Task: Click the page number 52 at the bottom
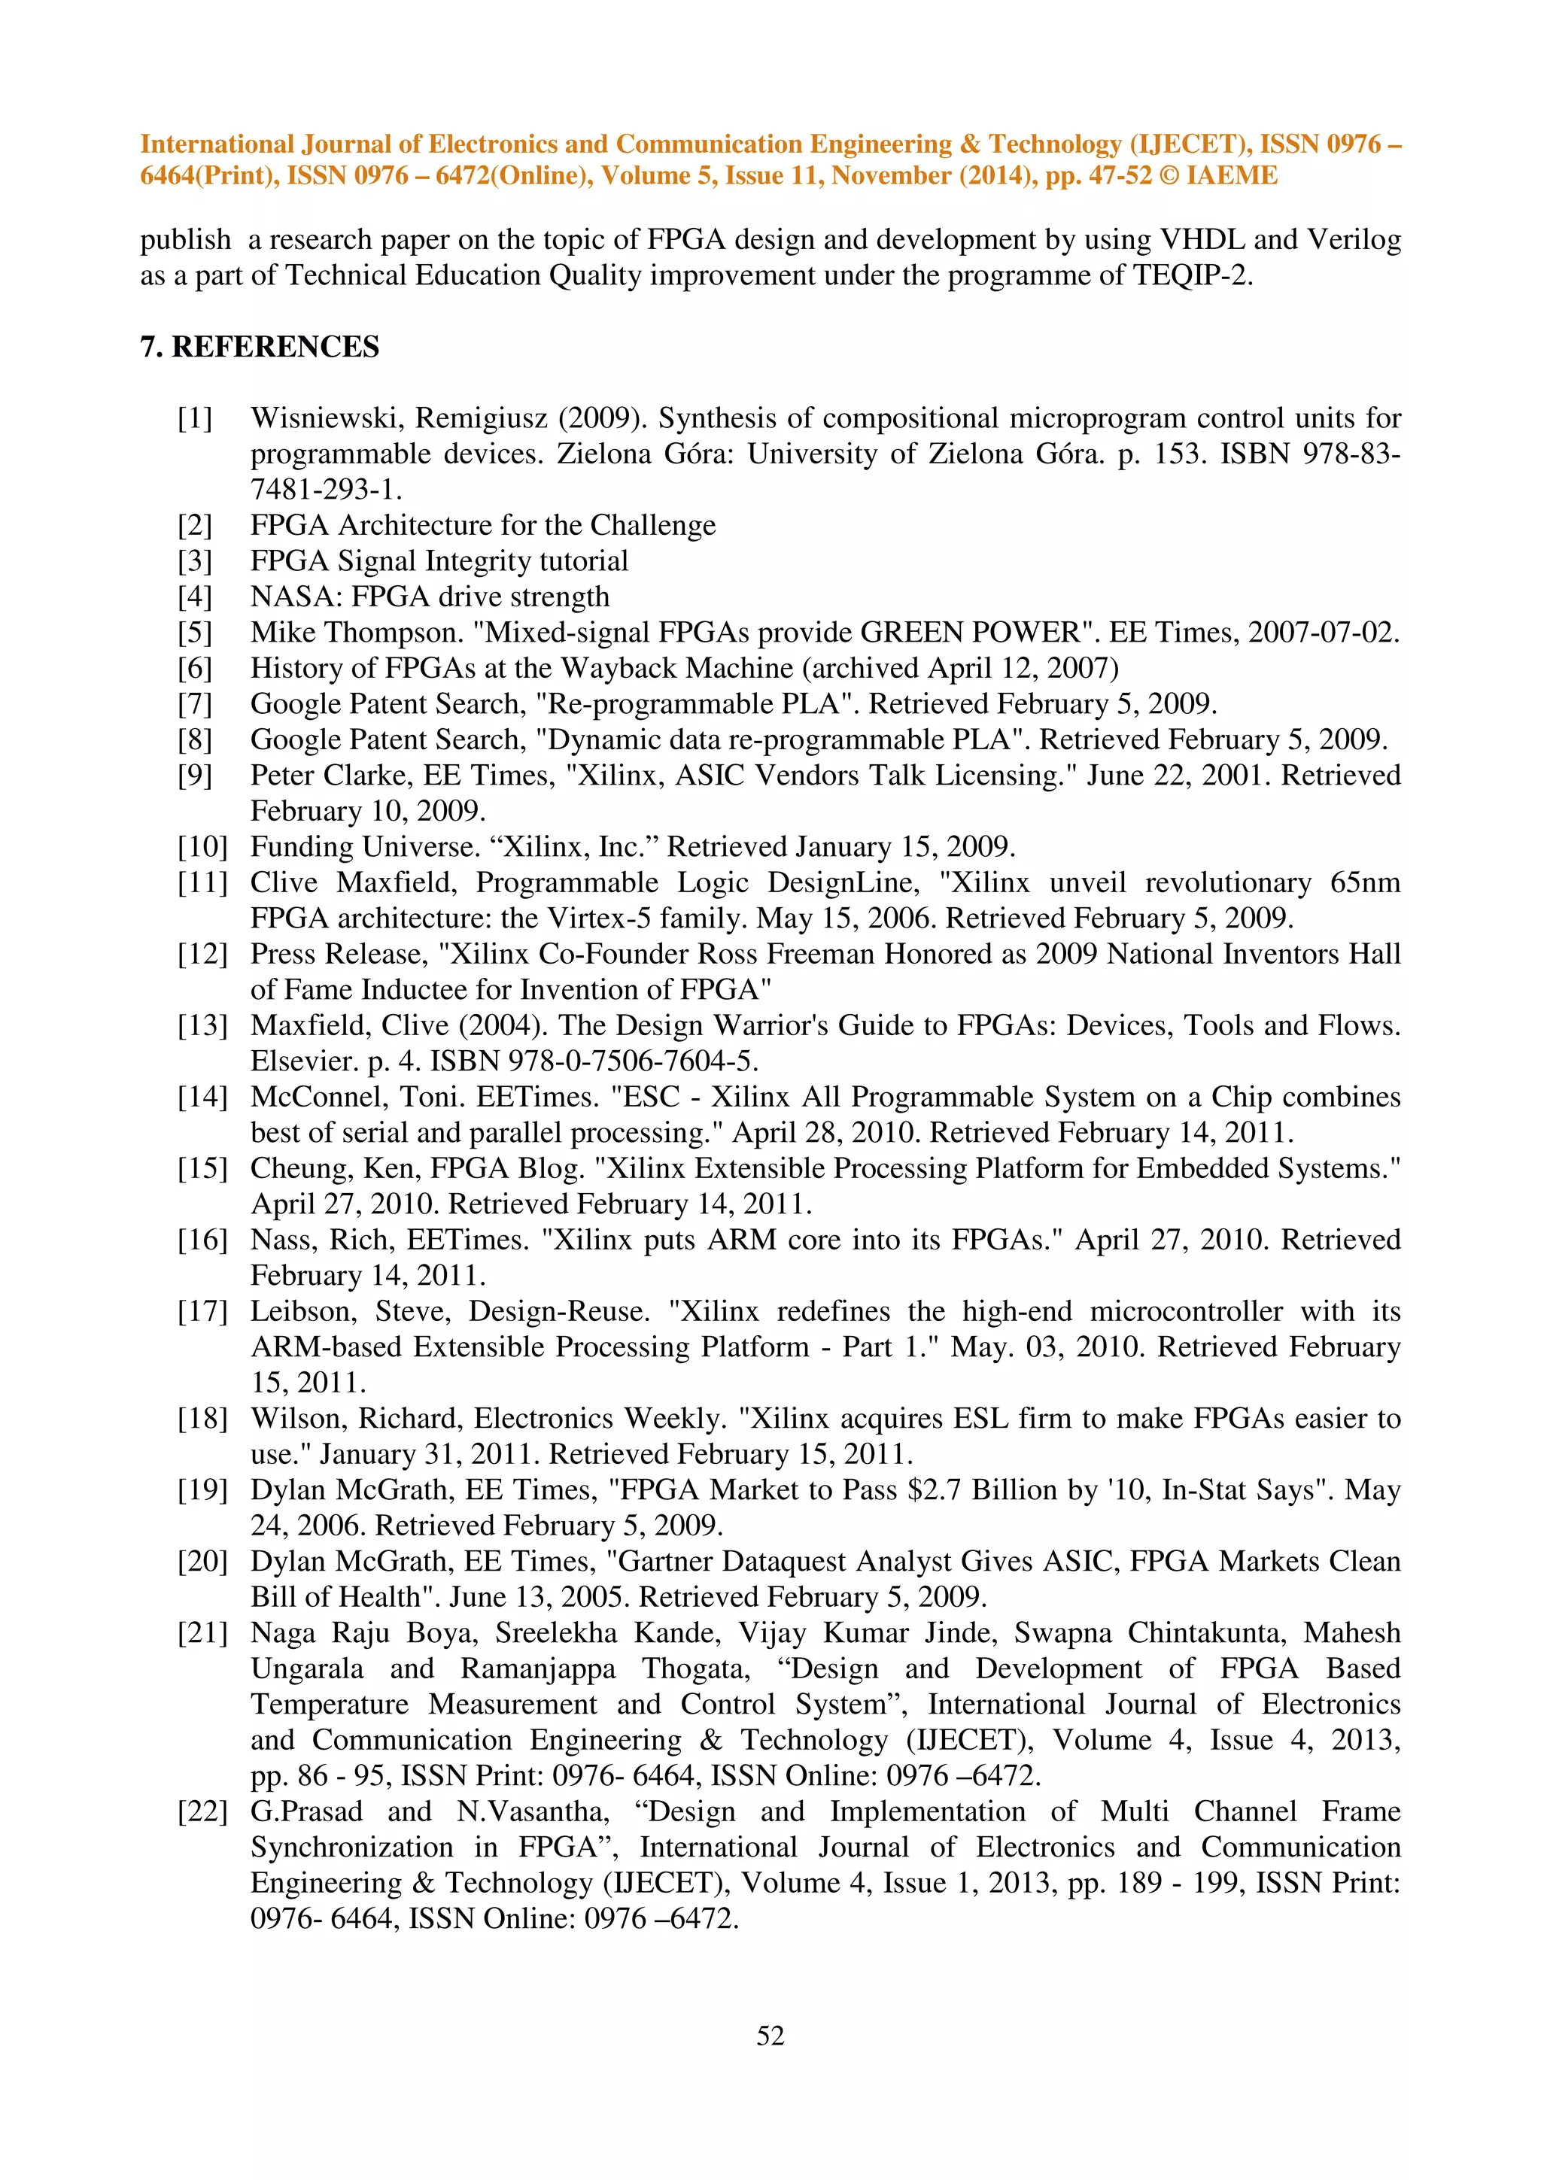770,2035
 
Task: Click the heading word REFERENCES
275,347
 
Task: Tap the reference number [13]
202,1025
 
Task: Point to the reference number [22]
202,1811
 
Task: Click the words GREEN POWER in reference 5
971,633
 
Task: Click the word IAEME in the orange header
1232,176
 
